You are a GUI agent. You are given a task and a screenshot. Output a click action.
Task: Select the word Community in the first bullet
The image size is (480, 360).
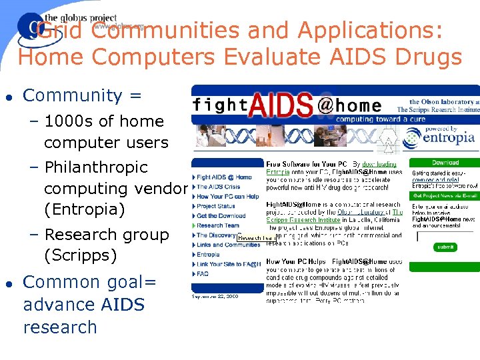tap(74, 95)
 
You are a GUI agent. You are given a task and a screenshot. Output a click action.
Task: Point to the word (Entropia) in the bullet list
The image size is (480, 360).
tap(84, 210)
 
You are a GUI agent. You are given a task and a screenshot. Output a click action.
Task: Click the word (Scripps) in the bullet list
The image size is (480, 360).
tap(80, 255)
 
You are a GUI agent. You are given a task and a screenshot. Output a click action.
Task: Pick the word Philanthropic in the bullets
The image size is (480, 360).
tap(95, 167)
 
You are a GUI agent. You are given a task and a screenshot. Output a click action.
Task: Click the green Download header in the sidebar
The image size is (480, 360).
tap(444, 163)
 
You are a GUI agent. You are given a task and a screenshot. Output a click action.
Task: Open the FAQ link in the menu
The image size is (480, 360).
tap(203, 273)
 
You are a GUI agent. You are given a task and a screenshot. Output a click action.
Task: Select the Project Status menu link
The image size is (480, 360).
tap(215, 207)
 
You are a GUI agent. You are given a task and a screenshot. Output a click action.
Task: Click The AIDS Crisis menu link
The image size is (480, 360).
tap(219, 187)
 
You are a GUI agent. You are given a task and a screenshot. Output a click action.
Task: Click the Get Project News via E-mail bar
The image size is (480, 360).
tap(444, 195)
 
